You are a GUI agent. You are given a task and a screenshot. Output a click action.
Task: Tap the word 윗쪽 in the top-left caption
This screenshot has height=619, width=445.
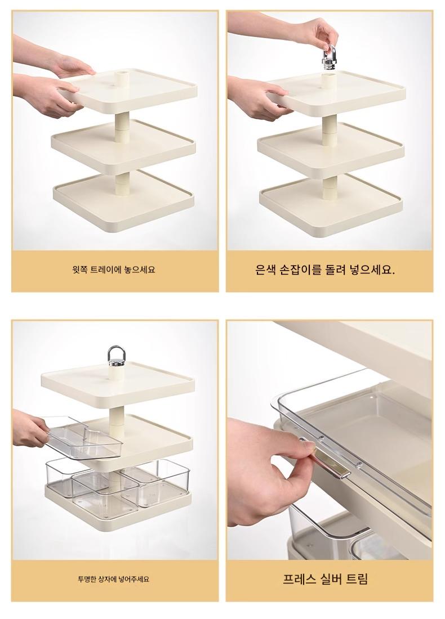80,270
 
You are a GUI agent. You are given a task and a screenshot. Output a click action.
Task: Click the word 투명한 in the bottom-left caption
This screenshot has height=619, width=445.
90,580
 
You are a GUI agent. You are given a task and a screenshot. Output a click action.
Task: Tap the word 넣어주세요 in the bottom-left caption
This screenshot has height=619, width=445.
134,580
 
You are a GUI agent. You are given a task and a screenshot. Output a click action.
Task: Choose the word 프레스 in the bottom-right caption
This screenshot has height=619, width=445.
299,579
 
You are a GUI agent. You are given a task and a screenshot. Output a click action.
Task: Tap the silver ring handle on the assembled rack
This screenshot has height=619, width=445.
114,356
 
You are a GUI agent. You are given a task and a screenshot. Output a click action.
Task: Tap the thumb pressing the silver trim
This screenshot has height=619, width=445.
300,458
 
